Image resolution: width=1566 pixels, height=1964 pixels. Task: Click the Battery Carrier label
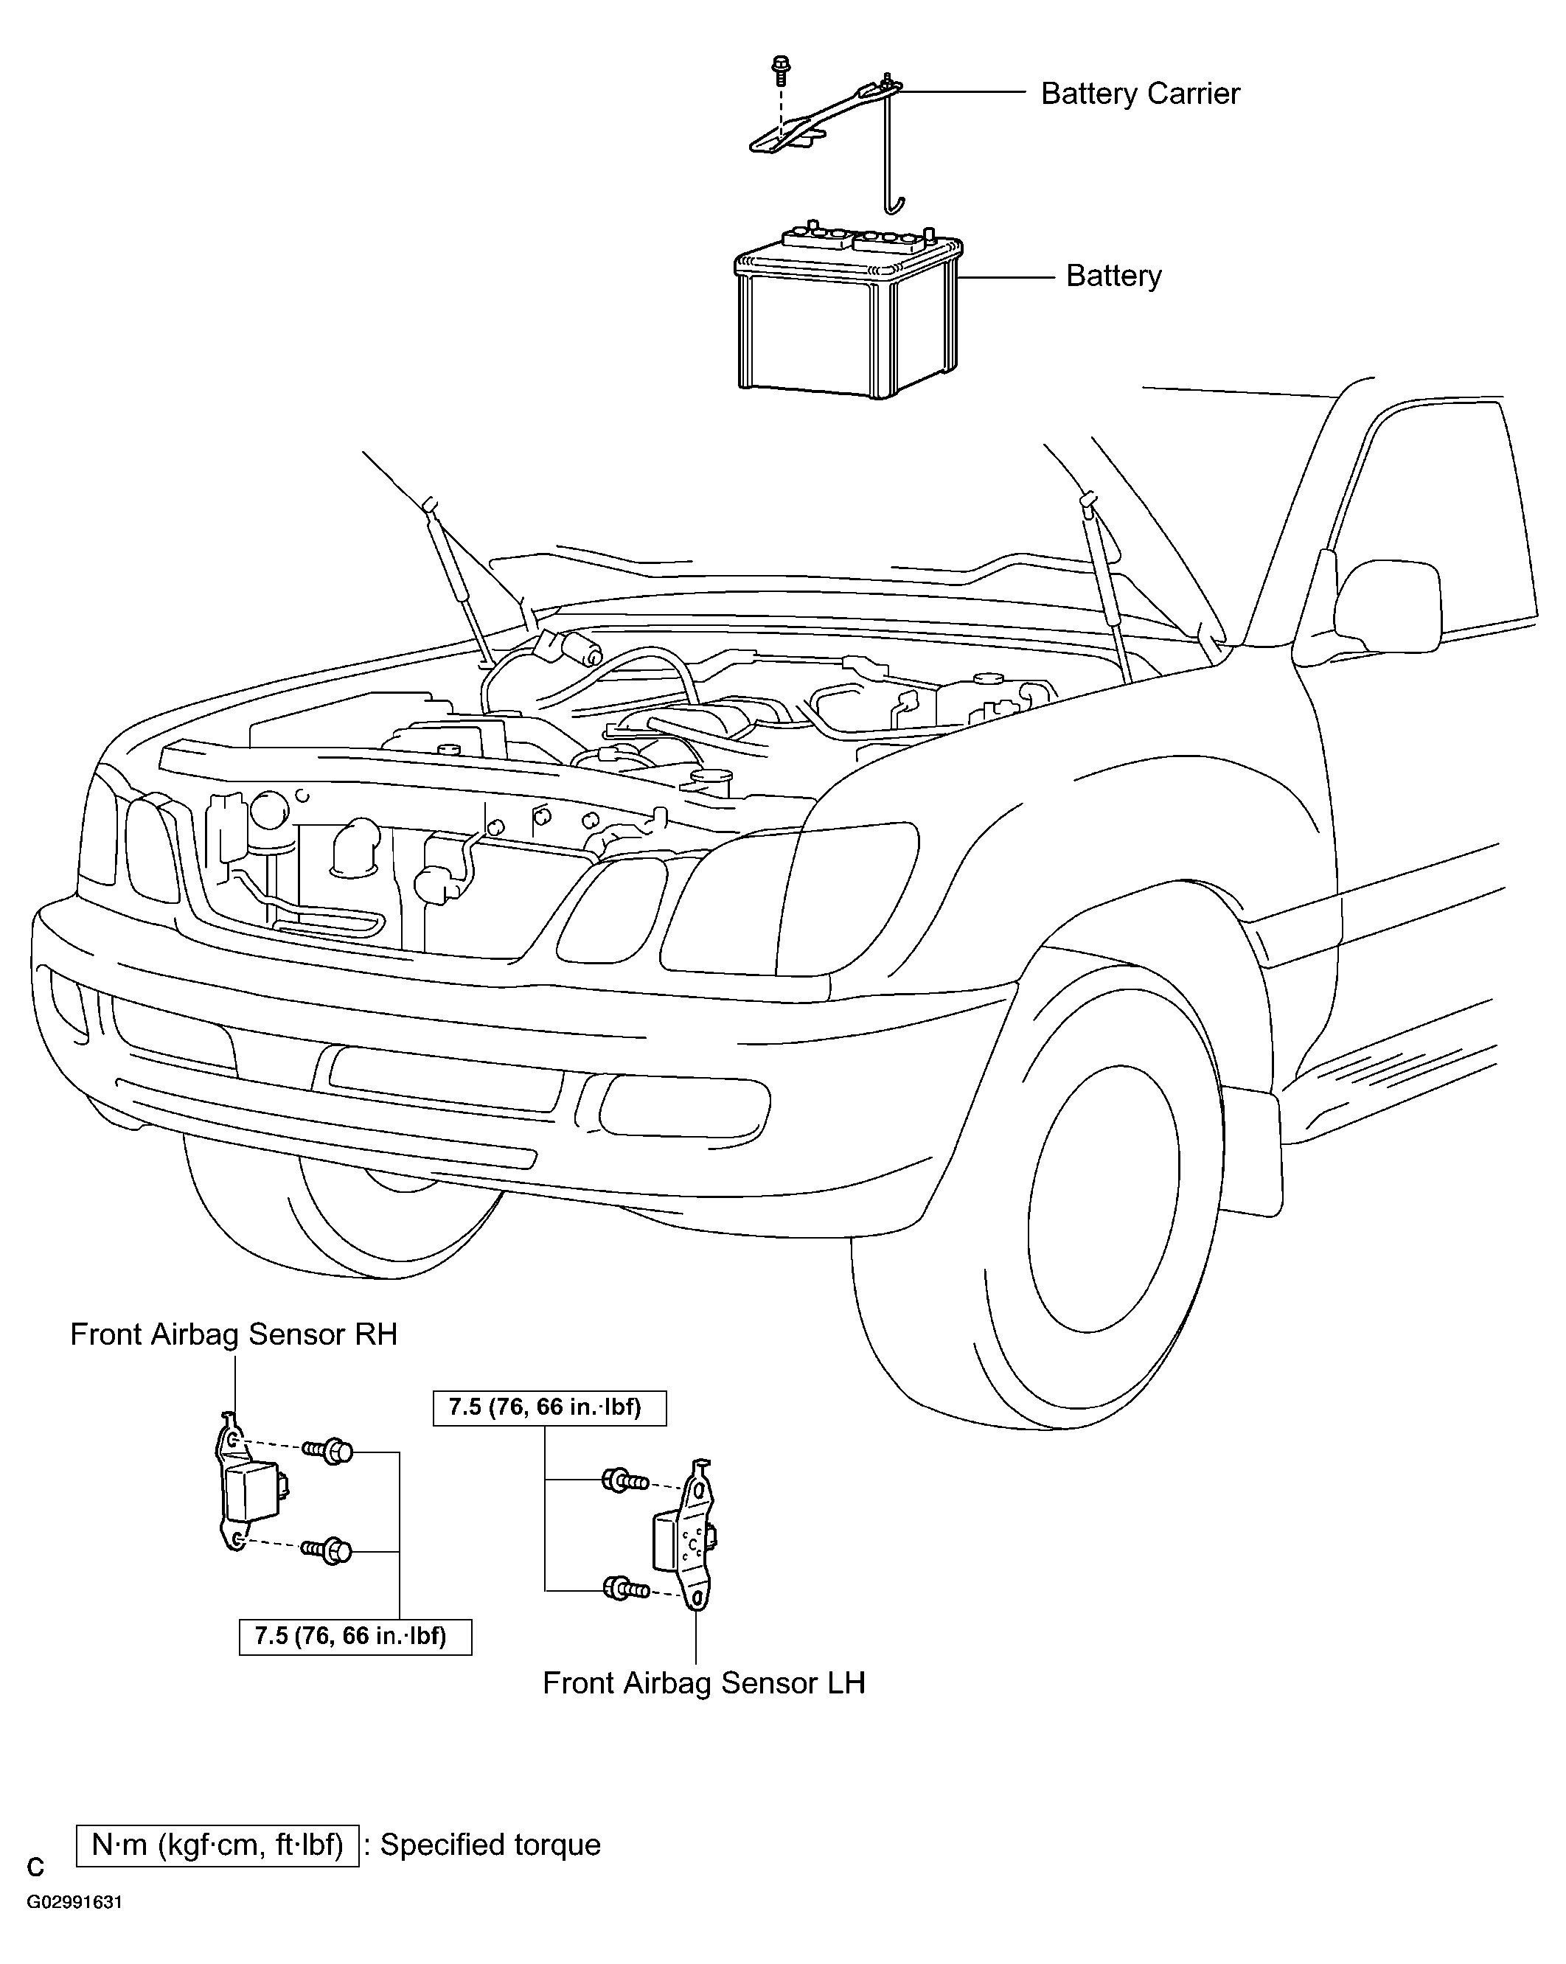pyautogui.click(x=1140, y=93)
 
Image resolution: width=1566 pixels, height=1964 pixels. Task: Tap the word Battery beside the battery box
pyautogui.click(x=1113, y=276)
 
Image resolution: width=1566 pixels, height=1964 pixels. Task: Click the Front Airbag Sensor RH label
pyautogui.click(x=234, y=1334)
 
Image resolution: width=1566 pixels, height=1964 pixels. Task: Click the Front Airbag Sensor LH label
pyautogui.click(x=703, y=1682)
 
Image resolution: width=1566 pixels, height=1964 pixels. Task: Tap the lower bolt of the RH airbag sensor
pyautogui.click(x=327, y=1550)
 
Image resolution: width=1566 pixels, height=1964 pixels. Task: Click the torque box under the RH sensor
pyautogui.click(x=355, y=1636)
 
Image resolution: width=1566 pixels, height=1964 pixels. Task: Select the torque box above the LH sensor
pyautogui.click(x=549, y=1407)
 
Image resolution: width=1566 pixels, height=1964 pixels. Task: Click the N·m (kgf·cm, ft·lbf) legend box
pyautogui.click(x=217, y=1845)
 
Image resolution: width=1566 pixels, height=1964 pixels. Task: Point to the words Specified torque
pyautogui.click(x=490, y=1845)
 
